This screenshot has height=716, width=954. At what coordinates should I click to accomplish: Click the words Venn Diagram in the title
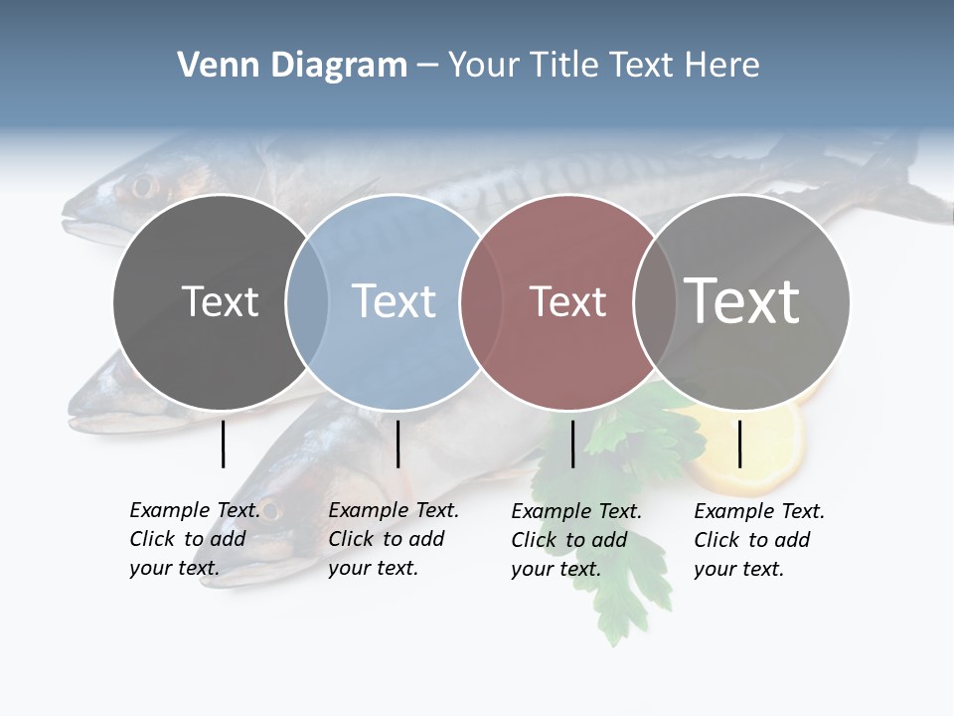tap(292, 66)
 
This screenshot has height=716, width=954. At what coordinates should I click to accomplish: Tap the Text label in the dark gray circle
tap(220, 301)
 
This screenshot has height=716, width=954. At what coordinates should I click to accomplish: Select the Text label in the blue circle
tap(394, 301)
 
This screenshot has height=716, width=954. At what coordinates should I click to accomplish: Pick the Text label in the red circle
tap(567, 301)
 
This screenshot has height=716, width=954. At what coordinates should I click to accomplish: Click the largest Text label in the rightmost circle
tap(742, 301)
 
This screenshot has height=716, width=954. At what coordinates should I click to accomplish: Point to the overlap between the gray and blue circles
tap(307, 301)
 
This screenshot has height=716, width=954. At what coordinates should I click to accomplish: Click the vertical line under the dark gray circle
tap(224, 444)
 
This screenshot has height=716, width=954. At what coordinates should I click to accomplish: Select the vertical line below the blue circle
tap(397, 444)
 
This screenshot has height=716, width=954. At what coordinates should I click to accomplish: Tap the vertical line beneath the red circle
tap(572, 444)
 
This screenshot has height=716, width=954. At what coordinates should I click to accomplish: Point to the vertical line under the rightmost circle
tap(739, 444)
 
